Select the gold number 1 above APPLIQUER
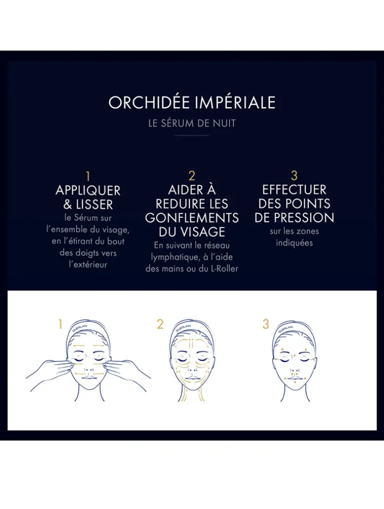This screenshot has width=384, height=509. [x=88, y=176]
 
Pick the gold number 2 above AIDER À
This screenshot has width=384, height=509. [x=192, y=176]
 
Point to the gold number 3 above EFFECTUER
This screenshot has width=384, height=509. [x=294, y=176]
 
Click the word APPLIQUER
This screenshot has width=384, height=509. [x=88, y=190]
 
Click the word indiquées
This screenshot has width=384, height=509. [x=294, y=243]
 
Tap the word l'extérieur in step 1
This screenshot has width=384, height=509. [x=88, y=264]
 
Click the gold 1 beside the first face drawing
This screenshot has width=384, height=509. [x=61, y=324]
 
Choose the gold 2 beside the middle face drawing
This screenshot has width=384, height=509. [x=160, y=324]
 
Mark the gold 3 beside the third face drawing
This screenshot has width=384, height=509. [x=266, y=324]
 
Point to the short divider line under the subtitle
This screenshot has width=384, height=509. [x=192, y=135]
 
